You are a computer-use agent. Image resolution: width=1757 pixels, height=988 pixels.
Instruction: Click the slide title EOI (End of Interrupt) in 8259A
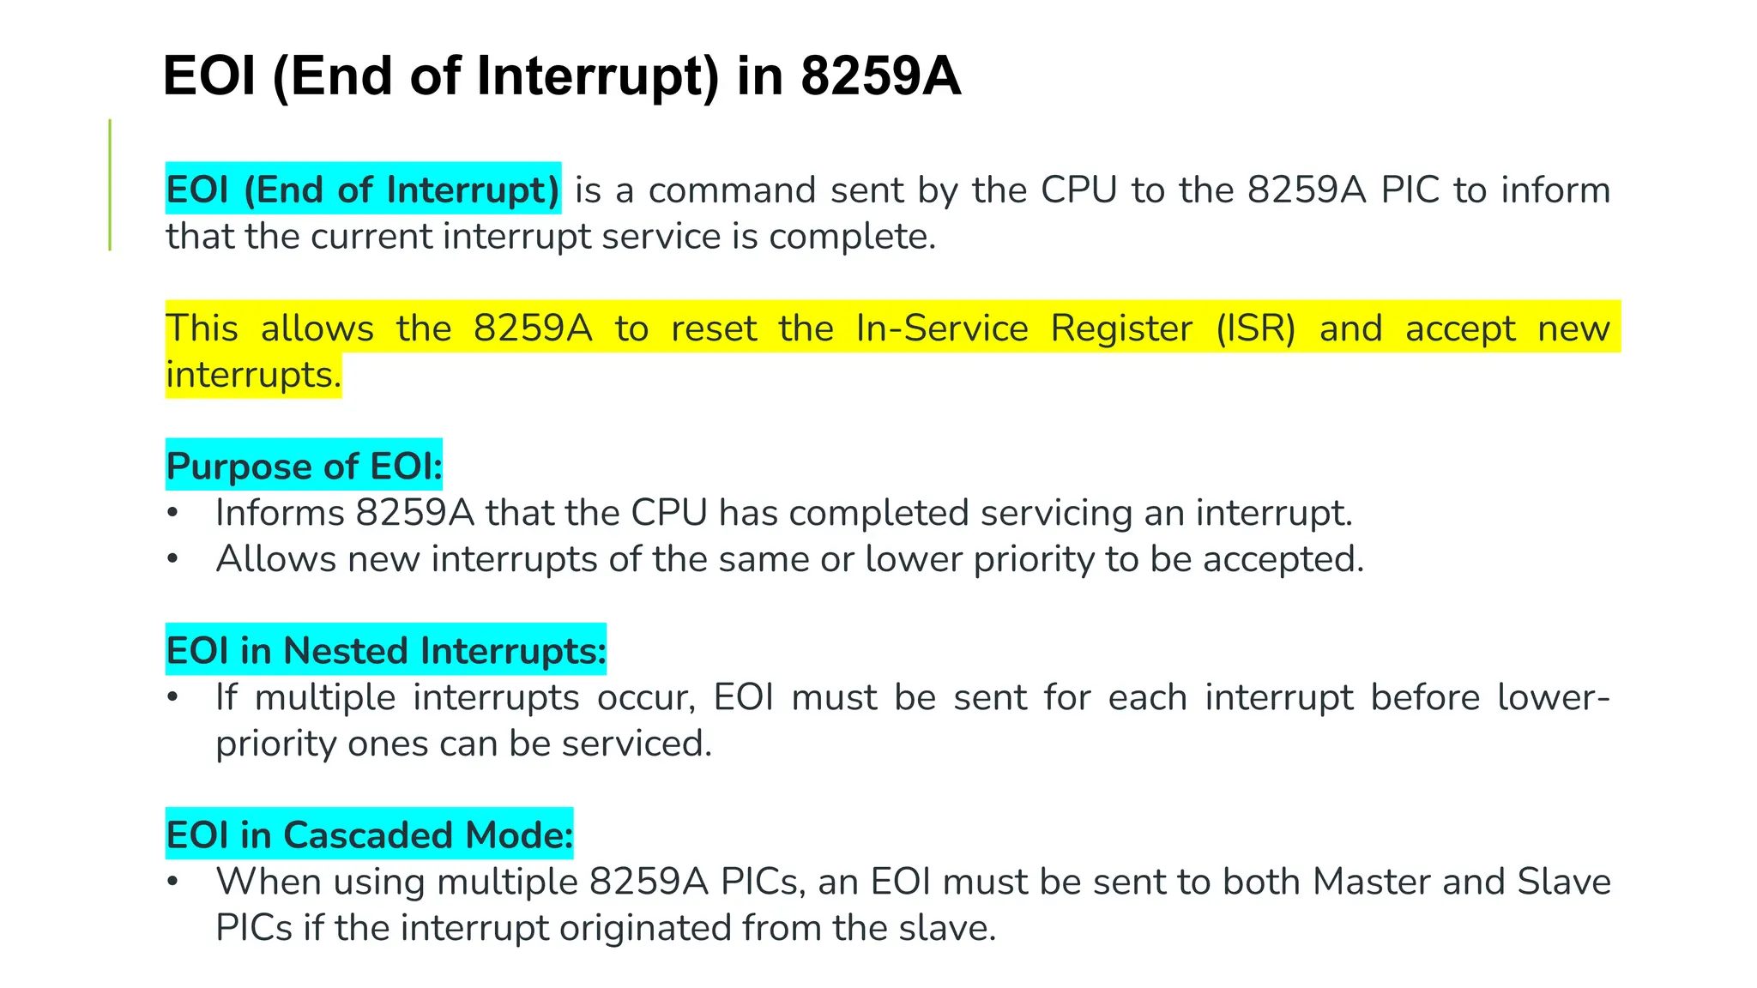[x=561, y=75]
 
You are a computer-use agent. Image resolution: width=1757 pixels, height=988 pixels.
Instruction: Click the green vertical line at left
[x=110, y=185]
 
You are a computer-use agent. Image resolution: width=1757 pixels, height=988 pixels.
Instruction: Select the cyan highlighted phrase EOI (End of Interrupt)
[x=363, y=189]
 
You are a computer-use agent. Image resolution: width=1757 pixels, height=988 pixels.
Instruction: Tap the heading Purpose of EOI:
[x=304, y=466]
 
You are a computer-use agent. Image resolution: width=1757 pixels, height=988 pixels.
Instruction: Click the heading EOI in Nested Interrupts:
[x=385, y=650]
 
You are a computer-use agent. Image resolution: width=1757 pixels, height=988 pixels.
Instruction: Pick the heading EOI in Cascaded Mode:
[x=369, y=834]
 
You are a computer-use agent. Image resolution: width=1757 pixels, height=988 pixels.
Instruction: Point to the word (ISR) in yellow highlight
[x=1255, y=328]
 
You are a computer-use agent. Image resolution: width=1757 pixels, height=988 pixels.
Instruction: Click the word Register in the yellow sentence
[x=1121, y=328]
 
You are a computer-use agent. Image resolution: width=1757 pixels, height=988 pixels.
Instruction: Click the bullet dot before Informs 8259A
[x=172, y=513]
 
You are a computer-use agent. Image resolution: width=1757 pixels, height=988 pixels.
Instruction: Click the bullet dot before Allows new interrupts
[x=172, y=559]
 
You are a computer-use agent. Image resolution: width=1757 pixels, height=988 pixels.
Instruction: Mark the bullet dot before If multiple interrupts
[x=172, y=697]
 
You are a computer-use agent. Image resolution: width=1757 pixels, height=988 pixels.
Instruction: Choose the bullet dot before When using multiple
[x=172, y=882]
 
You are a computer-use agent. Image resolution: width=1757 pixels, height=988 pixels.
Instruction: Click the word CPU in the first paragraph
[x=1078, y=190]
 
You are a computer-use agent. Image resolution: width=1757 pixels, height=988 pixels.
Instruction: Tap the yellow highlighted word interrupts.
[x=253, y=375]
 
